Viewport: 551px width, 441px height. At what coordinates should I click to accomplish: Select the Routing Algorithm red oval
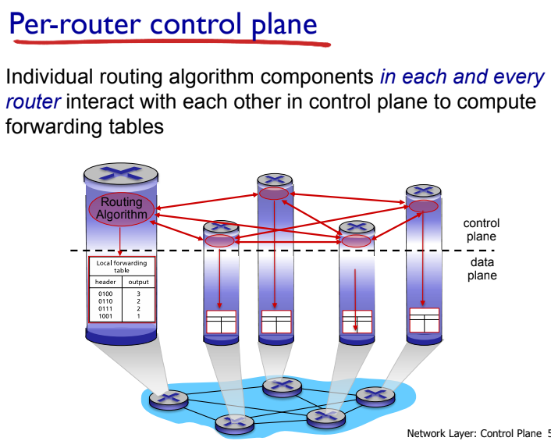pos(122,208)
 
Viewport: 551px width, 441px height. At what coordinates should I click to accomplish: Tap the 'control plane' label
pos(481,230)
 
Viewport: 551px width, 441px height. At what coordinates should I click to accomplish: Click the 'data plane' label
pos(482,269)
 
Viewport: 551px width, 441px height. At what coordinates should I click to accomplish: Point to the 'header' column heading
pos(105,282)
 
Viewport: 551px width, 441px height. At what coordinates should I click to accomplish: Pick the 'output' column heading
pos(139,282)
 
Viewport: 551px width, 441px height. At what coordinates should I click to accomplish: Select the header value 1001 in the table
pos(105,316)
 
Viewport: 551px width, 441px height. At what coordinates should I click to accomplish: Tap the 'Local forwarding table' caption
pos(122,266)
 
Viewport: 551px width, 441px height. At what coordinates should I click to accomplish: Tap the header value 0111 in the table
pos(105,309)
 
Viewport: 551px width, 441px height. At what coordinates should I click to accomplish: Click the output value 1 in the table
pos(138,316)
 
